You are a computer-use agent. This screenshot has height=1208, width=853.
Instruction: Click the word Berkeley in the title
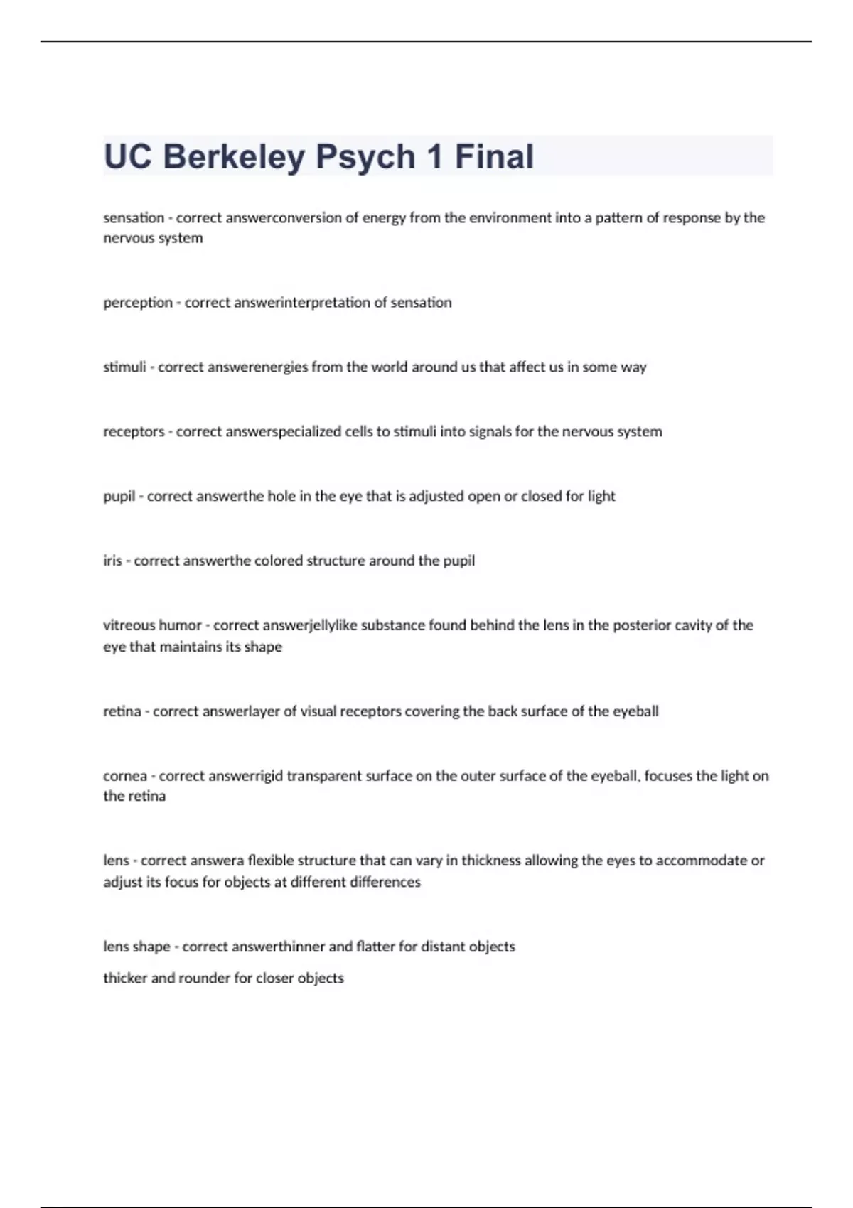pyautogui.click(x=234, y=157)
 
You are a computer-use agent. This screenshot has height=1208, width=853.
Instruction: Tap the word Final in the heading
pyautogui.click(x=494, y=157)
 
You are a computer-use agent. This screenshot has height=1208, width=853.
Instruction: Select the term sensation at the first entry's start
pyautogui.click(x=134, y=218)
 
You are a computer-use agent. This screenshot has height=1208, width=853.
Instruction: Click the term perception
pyautogui.click(x=138, y=303)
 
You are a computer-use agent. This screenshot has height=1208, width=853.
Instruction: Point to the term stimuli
pyautogui.click(x=124, y=367)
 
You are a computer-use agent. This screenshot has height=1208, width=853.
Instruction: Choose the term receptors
pyautogui.click(x=134, y=432)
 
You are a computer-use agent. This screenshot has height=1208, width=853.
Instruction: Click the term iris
pyautogui.click(x=112, y=561)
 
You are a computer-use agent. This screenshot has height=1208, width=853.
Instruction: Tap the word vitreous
pyautogui.click(x=130, y=625)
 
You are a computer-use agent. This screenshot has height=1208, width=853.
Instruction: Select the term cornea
pyautogui.click(x=125, y=776)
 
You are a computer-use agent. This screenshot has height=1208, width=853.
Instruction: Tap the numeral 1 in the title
pyautogui.click(x=434, y=157)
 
